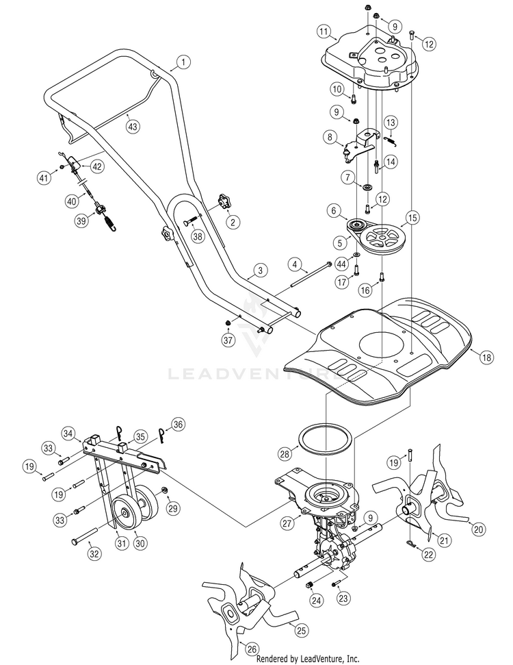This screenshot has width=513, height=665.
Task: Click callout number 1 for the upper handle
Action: click(183, 62)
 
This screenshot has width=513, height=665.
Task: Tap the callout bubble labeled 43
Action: click(133, 127)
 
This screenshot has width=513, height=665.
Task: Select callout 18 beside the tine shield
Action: click(486, 357)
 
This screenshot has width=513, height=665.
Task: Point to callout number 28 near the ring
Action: click(285, 454)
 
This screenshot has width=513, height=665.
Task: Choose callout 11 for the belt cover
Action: click(324, 32)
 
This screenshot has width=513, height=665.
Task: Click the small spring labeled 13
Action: click(391, 140)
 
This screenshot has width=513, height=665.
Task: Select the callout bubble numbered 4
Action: click(296, 264)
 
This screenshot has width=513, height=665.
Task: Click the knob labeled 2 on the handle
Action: click(223, 201)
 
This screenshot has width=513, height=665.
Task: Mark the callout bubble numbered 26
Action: click(252, 649)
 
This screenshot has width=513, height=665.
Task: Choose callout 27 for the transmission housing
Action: click(287, 523)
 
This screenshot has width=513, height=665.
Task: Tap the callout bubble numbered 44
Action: click(341, 264)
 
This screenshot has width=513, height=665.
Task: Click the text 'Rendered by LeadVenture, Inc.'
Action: click(308, 659)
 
